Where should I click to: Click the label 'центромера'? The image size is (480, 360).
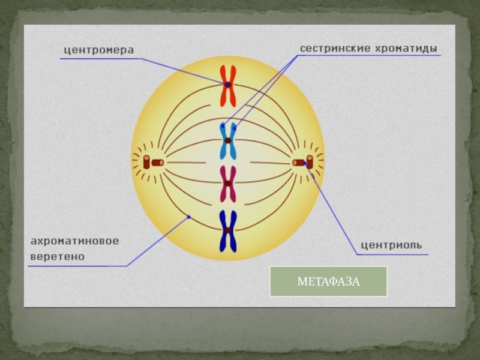tap(98, 50)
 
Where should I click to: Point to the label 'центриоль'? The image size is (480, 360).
tap(391, 245)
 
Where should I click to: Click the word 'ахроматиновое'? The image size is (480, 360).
tap(75, 241)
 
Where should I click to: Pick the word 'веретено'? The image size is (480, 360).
tap(58, 256)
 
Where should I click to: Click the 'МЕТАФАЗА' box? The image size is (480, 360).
tap(328, 282)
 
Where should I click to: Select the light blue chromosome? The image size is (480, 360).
tap(228, 140)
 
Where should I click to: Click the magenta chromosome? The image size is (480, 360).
tap(228, 184)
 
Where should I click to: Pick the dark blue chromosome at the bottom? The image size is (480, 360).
tap(228, 230)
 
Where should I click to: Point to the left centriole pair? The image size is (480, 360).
tap(152, 162)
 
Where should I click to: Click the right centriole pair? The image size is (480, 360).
tap(304, 162)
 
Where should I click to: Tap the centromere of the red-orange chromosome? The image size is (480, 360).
tap(228, 85)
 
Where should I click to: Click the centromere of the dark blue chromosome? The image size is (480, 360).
tap(228, 230)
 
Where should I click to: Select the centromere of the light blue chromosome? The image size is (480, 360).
tap(228, 140)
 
